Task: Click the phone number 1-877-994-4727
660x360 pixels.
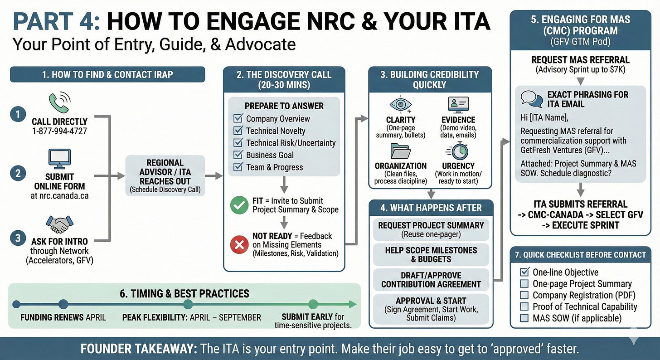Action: [x=59, y=131]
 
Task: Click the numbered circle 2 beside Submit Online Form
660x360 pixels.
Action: [x=18, y=172]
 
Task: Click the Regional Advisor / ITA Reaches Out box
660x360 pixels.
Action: [x=165, y=176]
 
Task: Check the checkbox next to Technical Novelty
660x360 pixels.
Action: [x=238, y=131]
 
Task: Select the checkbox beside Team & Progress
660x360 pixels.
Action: [x=238, y=167]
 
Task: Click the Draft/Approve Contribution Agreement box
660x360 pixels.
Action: [x=431, y=280]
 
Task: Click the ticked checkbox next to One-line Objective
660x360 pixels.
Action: [x=524, y=272]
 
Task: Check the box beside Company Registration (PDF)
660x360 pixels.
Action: [x=524, y=296]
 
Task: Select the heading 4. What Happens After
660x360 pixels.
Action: [x=431, y=208]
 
